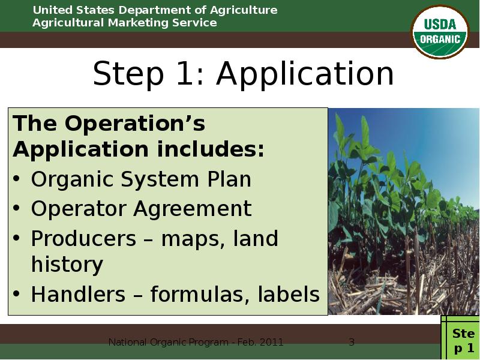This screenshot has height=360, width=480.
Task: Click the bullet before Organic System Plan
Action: [x=19, y=180]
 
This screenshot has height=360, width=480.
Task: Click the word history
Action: [x=67, y=264]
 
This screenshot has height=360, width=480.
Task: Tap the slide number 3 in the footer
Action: [x=352, y=343]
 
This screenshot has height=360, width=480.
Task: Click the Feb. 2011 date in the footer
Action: [x=258, y=343]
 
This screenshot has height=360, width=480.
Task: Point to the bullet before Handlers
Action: [x=19, y=295]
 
